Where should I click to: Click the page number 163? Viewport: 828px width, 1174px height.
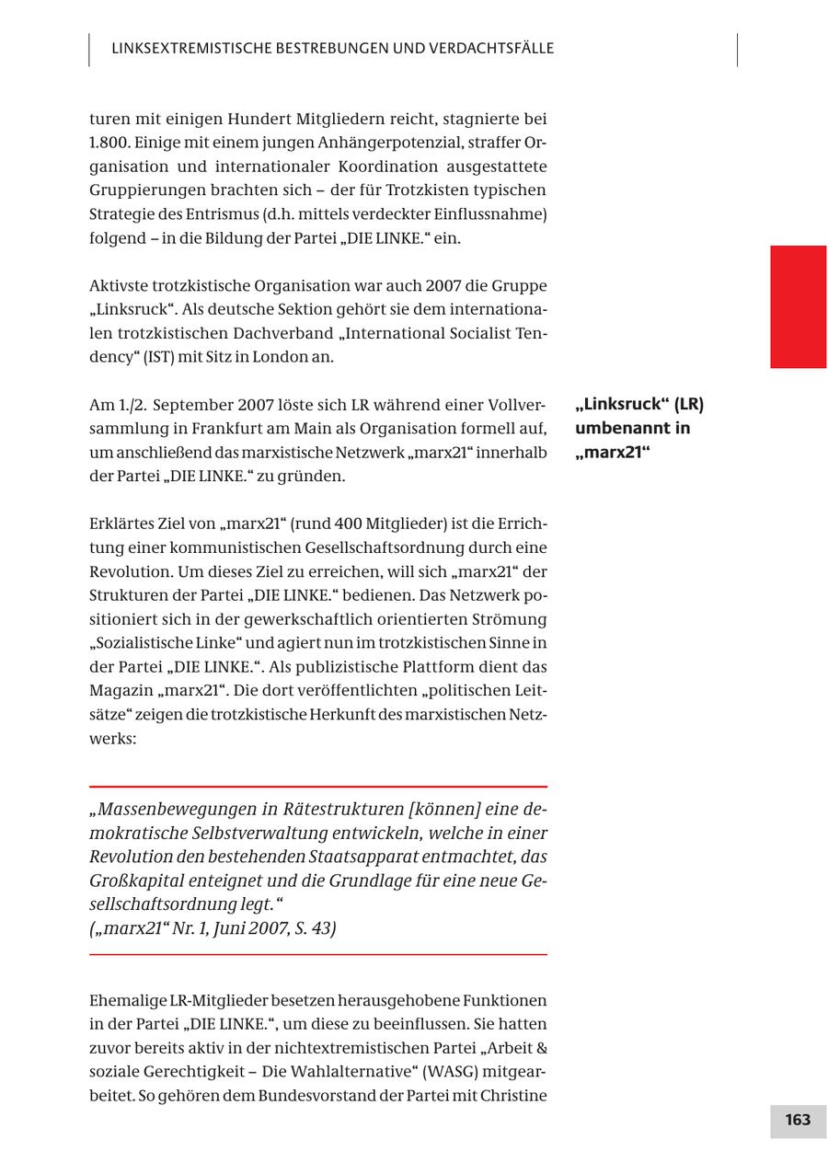pos(798,1120)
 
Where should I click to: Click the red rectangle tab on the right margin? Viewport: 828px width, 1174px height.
pos(798,306)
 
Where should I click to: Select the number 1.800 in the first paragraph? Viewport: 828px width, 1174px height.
pos(108,143)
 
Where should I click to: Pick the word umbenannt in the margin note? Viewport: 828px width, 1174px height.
pos(618,428)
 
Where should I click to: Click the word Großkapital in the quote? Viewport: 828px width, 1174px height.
pos(132,881)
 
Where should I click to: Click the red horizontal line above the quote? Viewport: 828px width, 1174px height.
pos(317,787)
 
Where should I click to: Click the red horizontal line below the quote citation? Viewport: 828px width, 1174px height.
pos(317,955)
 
